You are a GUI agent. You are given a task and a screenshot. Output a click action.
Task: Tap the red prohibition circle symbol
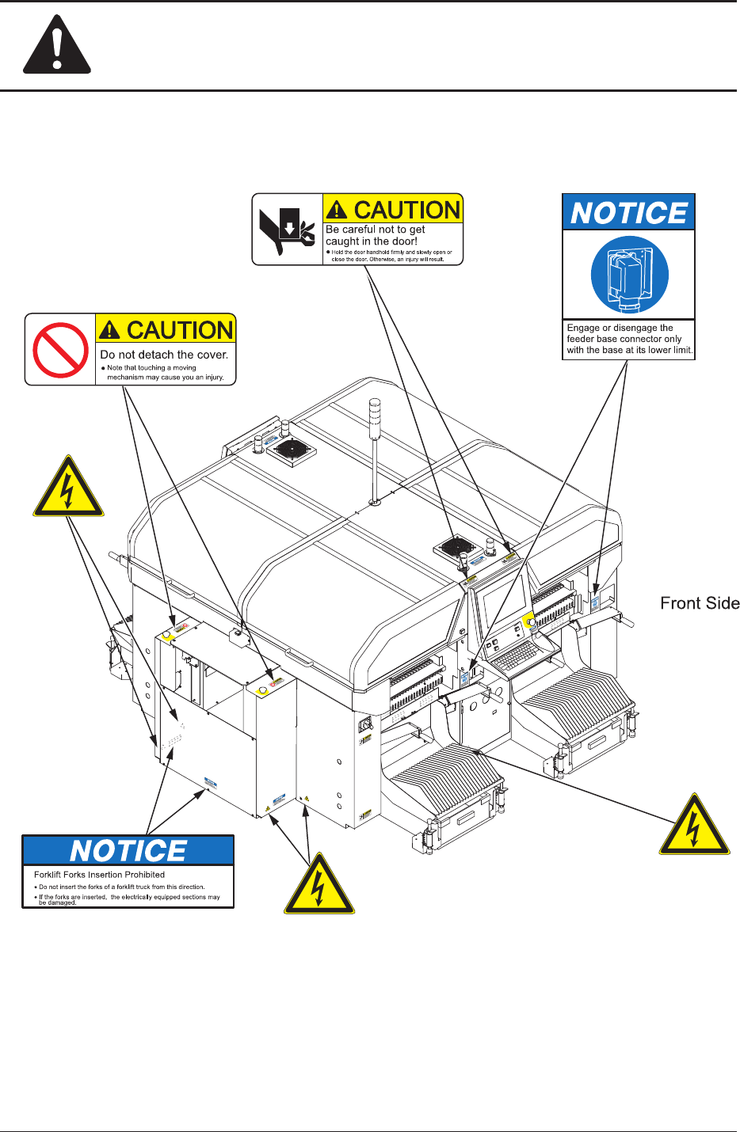click(60, 349)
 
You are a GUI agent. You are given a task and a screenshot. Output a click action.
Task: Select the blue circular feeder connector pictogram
click(629, 275)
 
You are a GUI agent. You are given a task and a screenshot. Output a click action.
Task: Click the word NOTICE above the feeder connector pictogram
click(629, 213)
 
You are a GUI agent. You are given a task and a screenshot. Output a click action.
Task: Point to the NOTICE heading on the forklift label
click(128, 851)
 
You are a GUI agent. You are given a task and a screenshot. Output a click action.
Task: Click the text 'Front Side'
click(700, 603)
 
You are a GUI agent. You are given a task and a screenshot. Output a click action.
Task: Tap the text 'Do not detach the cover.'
click(164, 355)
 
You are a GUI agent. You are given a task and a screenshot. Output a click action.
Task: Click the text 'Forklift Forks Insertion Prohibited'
click(100, 875)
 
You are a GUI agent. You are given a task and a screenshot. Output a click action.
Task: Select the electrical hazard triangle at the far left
click(68, 489)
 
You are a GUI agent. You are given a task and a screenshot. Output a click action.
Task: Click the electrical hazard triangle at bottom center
click(319, 886)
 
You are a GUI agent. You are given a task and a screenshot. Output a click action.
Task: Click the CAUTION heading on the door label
click(406, 209)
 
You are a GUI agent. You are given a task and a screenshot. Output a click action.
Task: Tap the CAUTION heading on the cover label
click(179, 329)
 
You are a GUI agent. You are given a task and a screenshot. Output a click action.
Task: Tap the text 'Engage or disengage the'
click(620, 328)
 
